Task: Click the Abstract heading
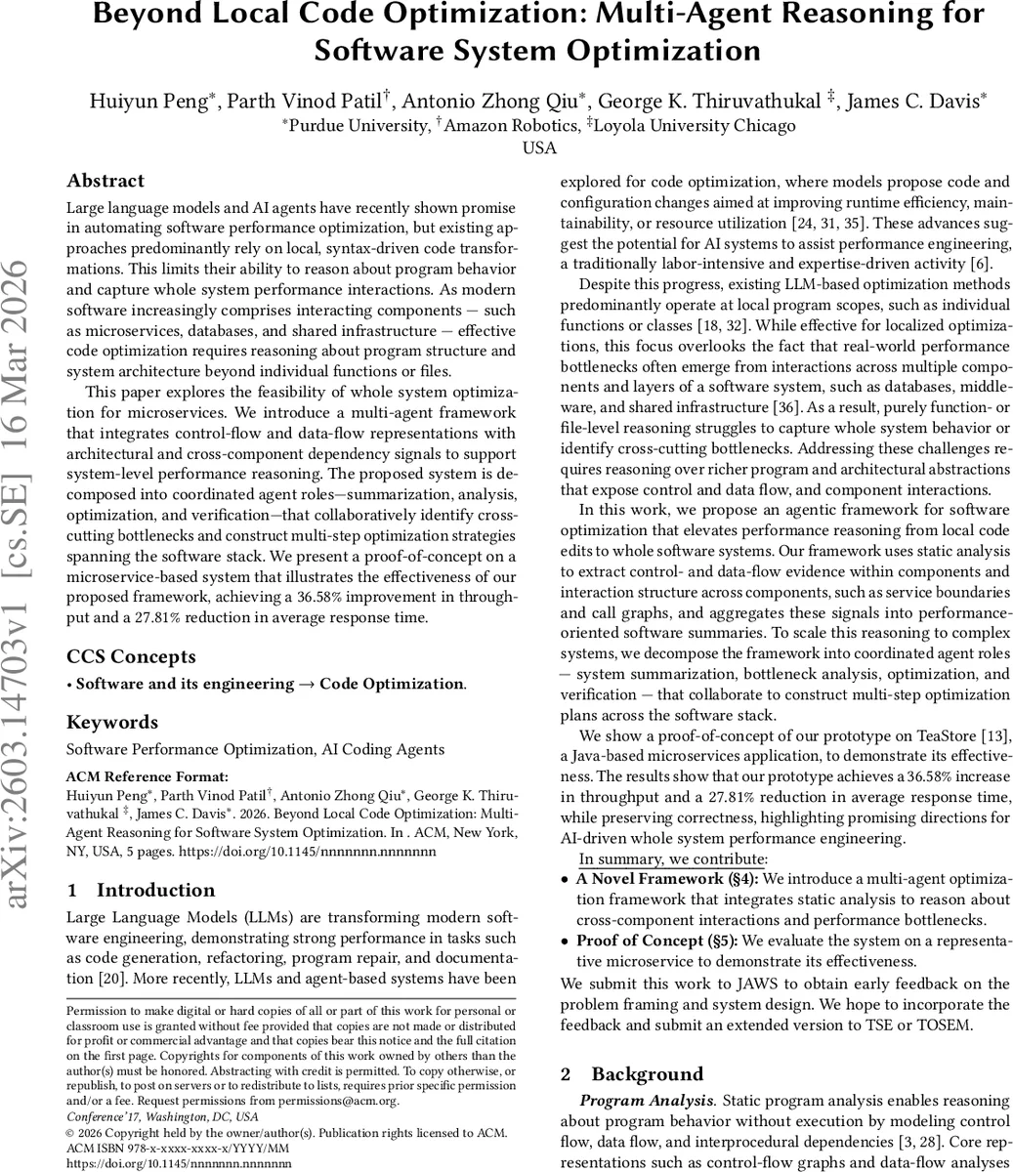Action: [106, 181]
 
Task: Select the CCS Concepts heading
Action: [131, 656]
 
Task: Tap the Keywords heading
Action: [112, 722]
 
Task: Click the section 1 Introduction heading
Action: [141, 890]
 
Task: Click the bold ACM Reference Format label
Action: [147, 777]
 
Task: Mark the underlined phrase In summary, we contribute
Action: [673, 859]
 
